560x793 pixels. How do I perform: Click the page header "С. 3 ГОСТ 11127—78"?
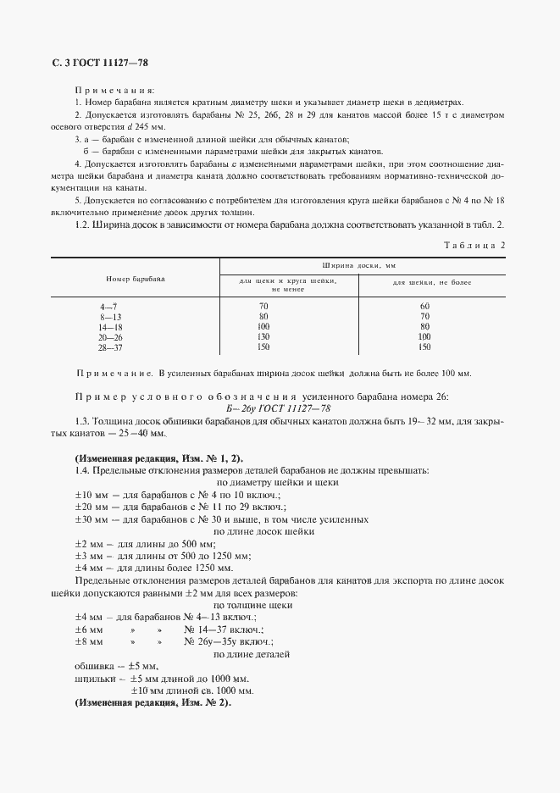[95, 64]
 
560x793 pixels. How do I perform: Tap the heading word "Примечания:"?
[115, 89]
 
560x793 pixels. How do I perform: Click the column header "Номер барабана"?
[136, 278]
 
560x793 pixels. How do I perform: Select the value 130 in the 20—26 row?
[263, 336]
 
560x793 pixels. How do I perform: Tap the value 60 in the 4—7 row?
[424, 305]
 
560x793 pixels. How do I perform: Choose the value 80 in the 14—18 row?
[424, 326]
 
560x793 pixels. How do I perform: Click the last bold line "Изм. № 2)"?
[154, 703]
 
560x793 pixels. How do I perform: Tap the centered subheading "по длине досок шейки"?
[264, 531]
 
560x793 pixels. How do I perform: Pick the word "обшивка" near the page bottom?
[94, 666]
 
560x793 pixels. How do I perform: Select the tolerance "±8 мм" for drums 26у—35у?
[89, 642]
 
